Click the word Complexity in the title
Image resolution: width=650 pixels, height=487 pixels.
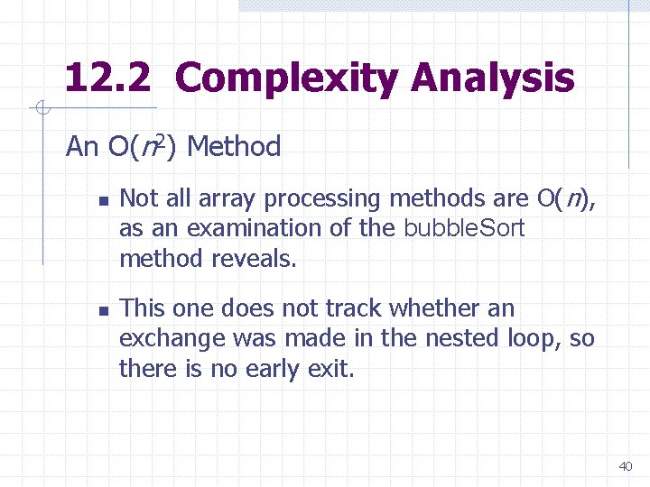[x=286, y=78]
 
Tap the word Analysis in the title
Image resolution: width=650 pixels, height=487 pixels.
[x=492, y=78]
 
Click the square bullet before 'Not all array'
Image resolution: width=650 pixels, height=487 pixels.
[x=103, y=199]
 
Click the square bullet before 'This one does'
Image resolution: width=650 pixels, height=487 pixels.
[x=103, y=310]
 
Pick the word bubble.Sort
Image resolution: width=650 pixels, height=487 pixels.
[x=463, y=228]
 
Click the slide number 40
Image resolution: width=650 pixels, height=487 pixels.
[x=625, y=466]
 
